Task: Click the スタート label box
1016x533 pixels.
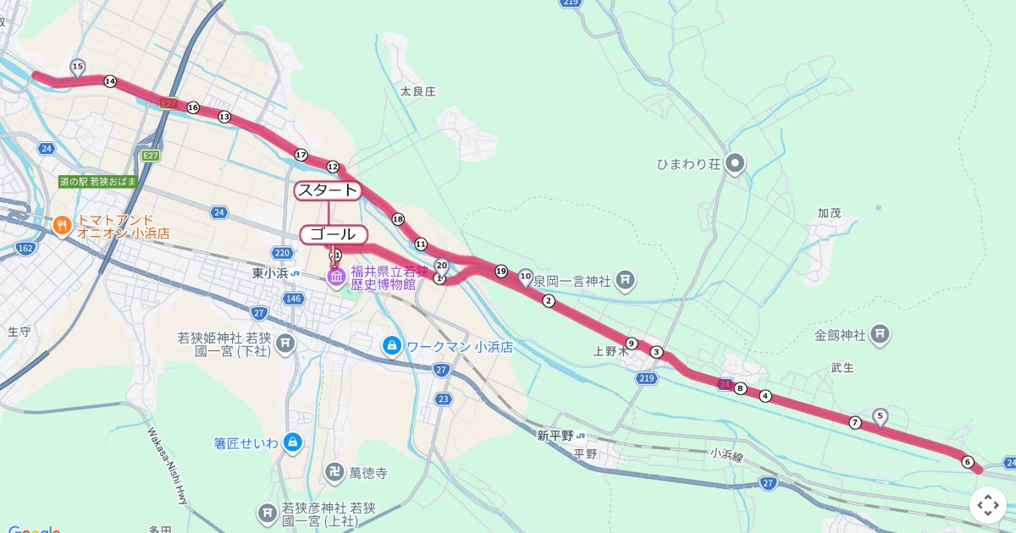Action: [x=328, y=190]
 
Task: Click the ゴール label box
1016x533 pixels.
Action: [x=334, y=234]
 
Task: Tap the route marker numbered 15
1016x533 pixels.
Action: [x=78, y=66]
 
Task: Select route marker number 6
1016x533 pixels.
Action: [x=967, y=462]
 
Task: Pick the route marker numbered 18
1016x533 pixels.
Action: [x=398, y=220]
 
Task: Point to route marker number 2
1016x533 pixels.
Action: [x=549, y=301]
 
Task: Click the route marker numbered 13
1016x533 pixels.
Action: [x=224, y=117]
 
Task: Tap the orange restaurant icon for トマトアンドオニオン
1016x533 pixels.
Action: [x=61, y=226]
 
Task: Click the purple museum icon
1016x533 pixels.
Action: [x=336, y=277]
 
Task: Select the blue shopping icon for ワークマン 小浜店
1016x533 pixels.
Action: [x=391, y=345]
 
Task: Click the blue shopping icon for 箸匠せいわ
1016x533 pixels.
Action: [x=292, y=442]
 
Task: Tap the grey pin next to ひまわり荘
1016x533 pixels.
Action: [x=737, y=162]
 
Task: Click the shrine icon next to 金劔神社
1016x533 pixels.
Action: [x=881, y=334]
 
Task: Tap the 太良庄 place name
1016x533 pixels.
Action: [x=417, y=91]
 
